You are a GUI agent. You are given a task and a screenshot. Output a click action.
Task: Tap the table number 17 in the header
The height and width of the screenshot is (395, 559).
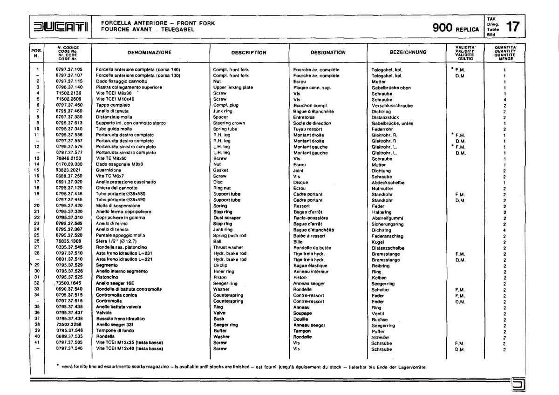pyautogui.click(x=513, y=27)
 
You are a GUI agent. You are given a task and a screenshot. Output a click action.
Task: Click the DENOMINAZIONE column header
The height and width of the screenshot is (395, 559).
pyautogui.click(x=149, y=52)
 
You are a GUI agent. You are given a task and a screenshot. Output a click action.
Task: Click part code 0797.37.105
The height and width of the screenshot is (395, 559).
pyautogui.click(x=69, y=69)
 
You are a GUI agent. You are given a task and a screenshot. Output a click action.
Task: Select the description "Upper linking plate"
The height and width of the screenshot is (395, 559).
pyautogui.click(x=233, y=87)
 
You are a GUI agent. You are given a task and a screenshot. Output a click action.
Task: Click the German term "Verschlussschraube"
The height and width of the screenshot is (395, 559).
pyautogui.click(x=392, y=106)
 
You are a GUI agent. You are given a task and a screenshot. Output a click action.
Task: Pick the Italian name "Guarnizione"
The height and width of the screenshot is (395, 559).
pyautogui.click(x=109, y=170)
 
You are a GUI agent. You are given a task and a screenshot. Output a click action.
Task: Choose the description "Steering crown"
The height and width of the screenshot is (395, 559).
pyautogui.click(x=229, y=123)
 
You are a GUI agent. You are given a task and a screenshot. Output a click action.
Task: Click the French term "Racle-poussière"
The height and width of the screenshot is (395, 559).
pyautogui.click(x=310, y=218)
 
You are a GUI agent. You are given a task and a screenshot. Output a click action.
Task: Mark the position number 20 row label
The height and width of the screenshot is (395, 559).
pyautogui.click(x=36, y=205)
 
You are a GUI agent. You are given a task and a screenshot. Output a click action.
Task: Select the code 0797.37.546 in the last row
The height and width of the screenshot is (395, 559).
pyautogui.click(x=69, y=348)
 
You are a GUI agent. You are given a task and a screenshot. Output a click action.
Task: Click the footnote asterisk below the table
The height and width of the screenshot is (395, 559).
pyautogui.click(x=57, y=366)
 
